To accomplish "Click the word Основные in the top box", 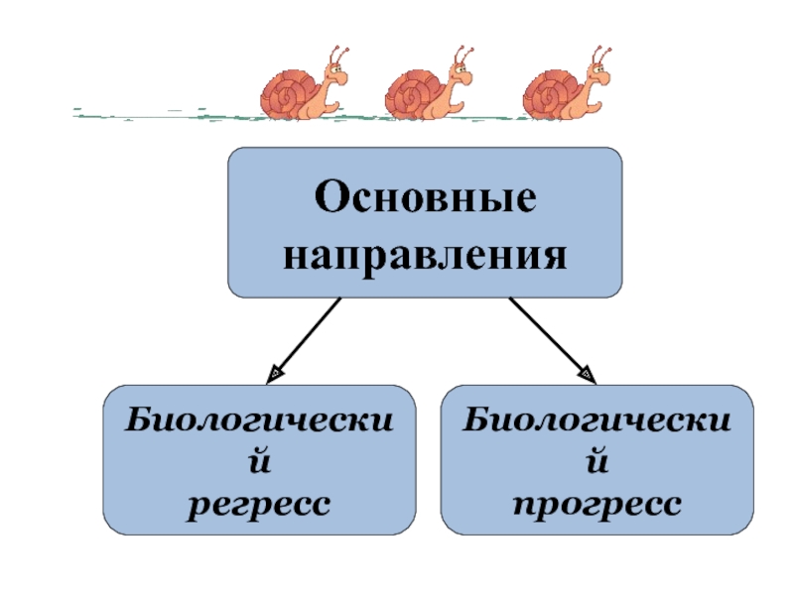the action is pyautogui.click(x=426, y=198).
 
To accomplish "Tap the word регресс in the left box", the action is pyautogui.click(x=259, y=504).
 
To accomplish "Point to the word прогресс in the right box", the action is pyautogui.click(x=597, y=504).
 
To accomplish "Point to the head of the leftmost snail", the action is pyautogui.click(x=335, y=70).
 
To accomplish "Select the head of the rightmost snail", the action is pyautogui.click(x=598, y=70).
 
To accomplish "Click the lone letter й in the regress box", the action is pyautogui.click(x=259, y=462).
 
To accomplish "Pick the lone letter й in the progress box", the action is pyautogui.click(x=597, y=462).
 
